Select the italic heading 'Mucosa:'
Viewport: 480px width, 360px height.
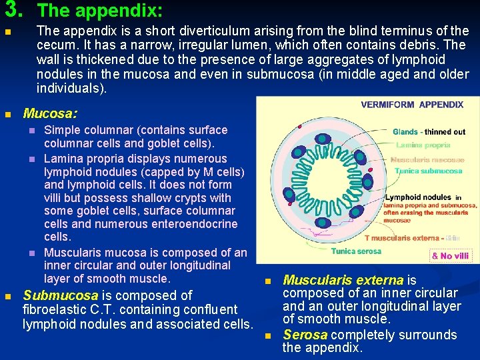(50, 114)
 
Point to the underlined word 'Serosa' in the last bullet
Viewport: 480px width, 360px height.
(305, 335)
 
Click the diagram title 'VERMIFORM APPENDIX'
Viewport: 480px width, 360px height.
(412, 105)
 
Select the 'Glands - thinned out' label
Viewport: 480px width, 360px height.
(429, 132)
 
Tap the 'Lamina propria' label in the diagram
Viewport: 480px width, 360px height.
(423, 145)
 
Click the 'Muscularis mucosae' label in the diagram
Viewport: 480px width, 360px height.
(427, 160)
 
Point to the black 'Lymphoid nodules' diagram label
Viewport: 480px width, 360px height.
(418, 197)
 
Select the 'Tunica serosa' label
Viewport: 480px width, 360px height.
(357, 251)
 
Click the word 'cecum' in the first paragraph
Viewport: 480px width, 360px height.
(55, 45)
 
